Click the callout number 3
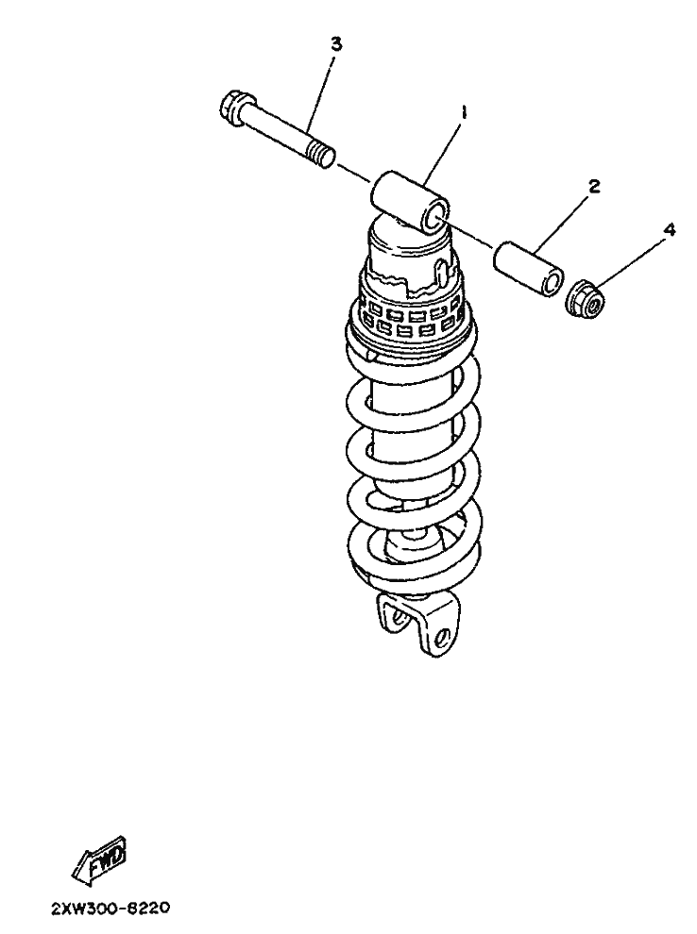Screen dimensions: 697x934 (x=337, y=44)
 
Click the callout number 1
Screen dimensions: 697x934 (x=464, y=112)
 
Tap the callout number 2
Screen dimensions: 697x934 (x=593, y=187)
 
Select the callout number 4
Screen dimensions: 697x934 (x=670, y=230)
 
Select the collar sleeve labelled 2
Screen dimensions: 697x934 (x=528, y=268)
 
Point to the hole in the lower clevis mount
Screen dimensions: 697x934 (x=442, y=636)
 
